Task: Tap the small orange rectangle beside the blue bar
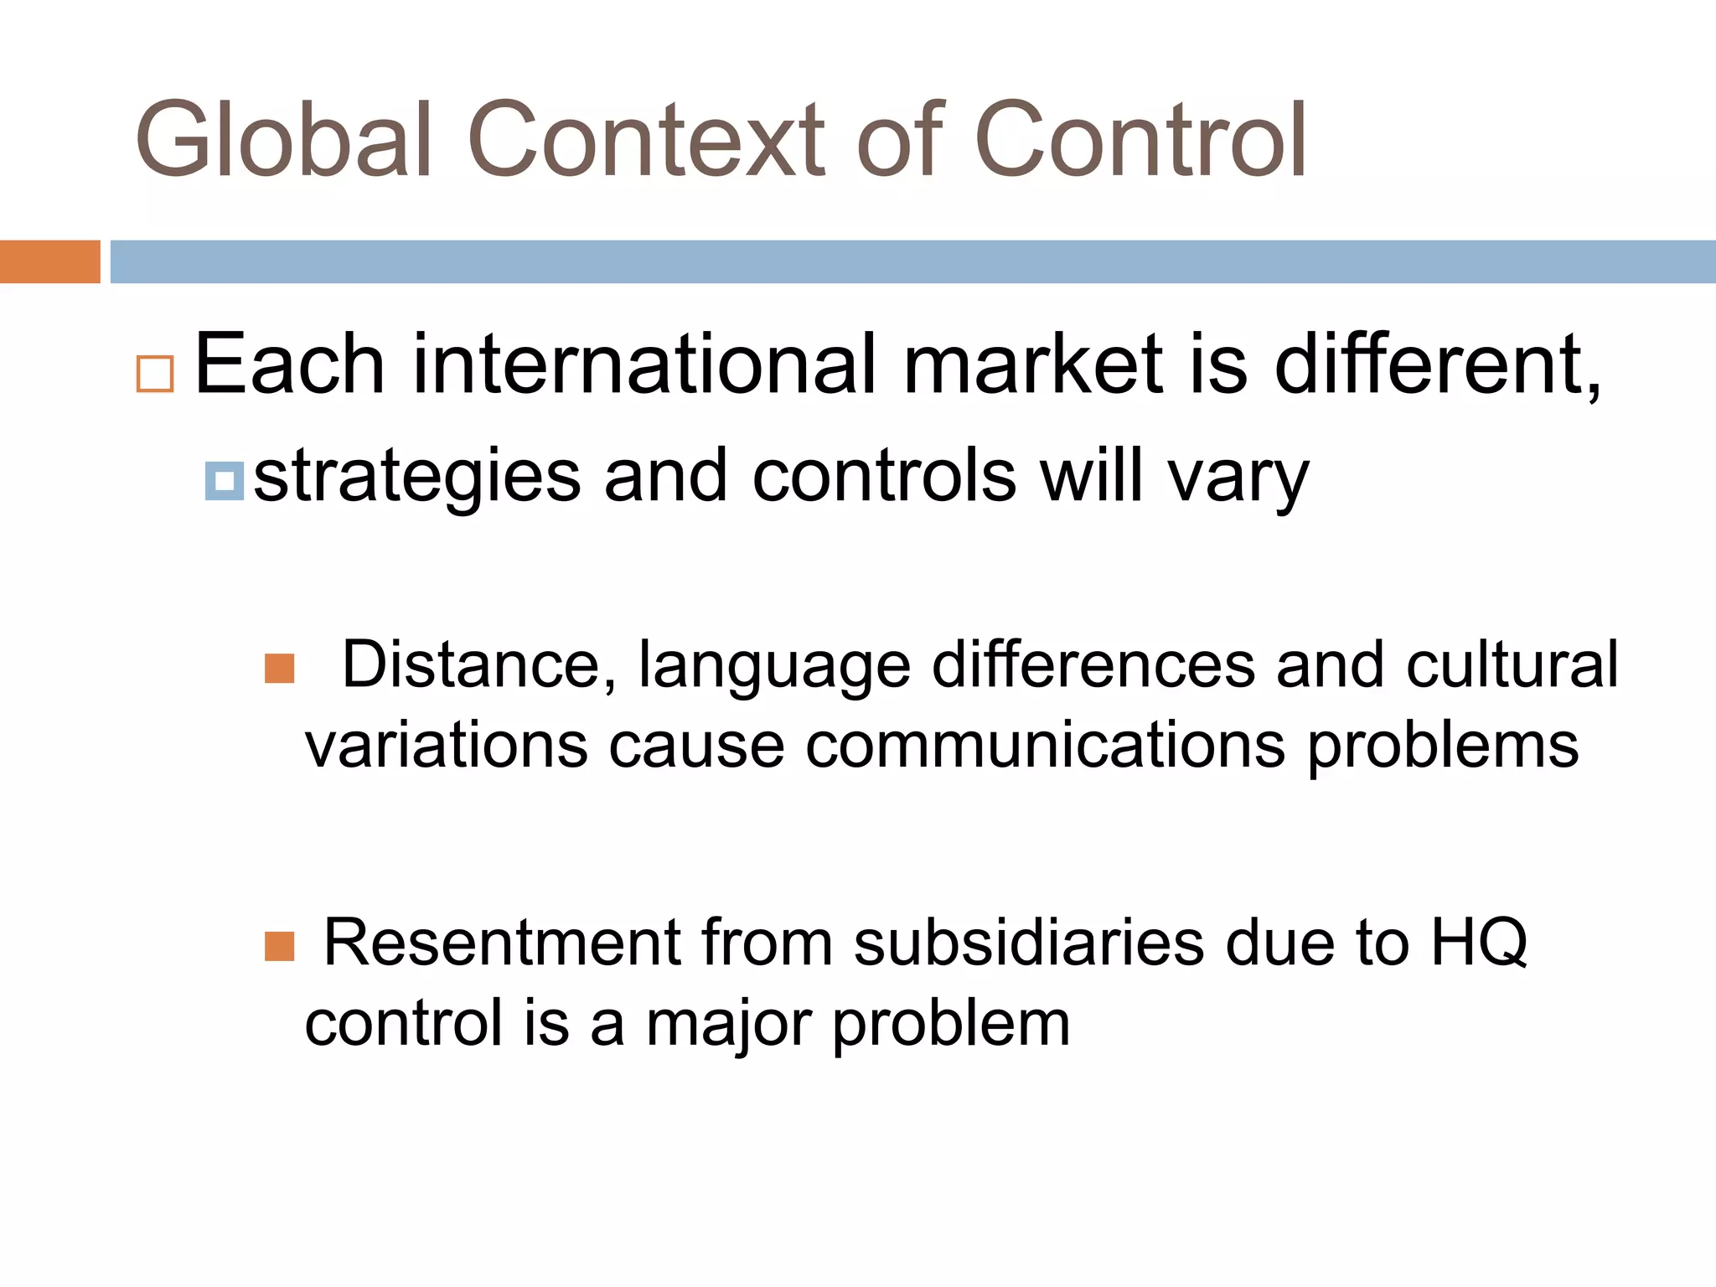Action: tap(49, 261)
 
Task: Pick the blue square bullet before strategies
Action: tap(224, 481)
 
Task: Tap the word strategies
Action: tap(416, 478)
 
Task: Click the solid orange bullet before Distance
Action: tap(279, 669)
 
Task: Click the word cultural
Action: tap(1512, 665)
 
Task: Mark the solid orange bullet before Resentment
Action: tap(279, 947)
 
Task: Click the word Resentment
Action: tap(502, 943)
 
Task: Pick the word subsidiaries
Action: tap(1028, 943)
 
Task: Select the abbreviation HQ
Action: tap(1479, 943)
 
